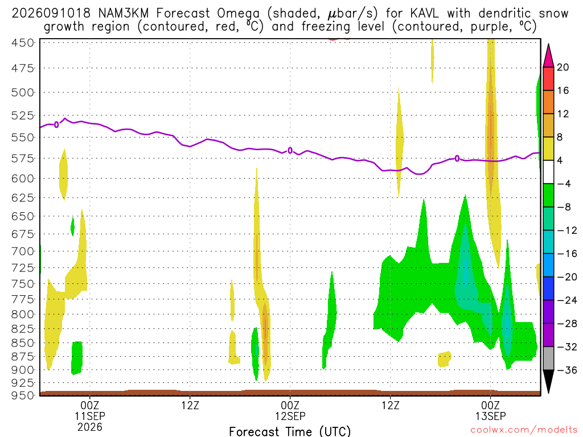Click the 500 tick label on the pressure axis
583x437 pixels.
tap(23, 92)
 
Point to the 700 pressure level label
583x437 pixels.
tap(23, 251)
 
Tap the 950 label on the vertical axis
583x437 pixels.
tap(23, 395)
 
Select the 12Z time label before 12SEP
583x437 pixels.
tap(190, 405)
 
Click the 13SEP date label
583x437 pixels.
tap(490, 416)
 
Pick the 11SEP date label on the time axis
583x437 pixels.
tap(90, 416)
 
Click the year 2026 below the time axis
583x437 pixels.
tap(90, 427)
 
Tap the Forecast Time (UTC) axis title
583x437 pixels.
tap(290, 431)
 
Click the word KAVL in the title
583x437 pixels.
tap(425, 14)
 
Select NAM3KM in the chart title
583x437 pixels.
tap(124, 14)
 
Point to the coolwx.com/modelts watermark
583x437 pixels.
tap(524, 430)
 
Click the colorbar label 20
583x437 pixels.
tap(563, 67)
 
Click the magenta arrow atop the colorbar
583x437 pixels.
tap(548, 56)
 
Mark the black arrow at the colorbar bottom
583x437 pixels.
tap(548, 381)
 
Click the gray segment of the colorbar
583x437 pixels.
tap(548, 358)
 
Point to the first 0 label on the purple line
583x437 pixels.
tap(56, 125)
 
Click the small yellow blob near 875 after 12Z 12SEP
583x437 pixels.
tap(444, 359)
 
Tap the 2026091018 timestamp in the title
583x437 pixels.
tap(51, 14)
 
